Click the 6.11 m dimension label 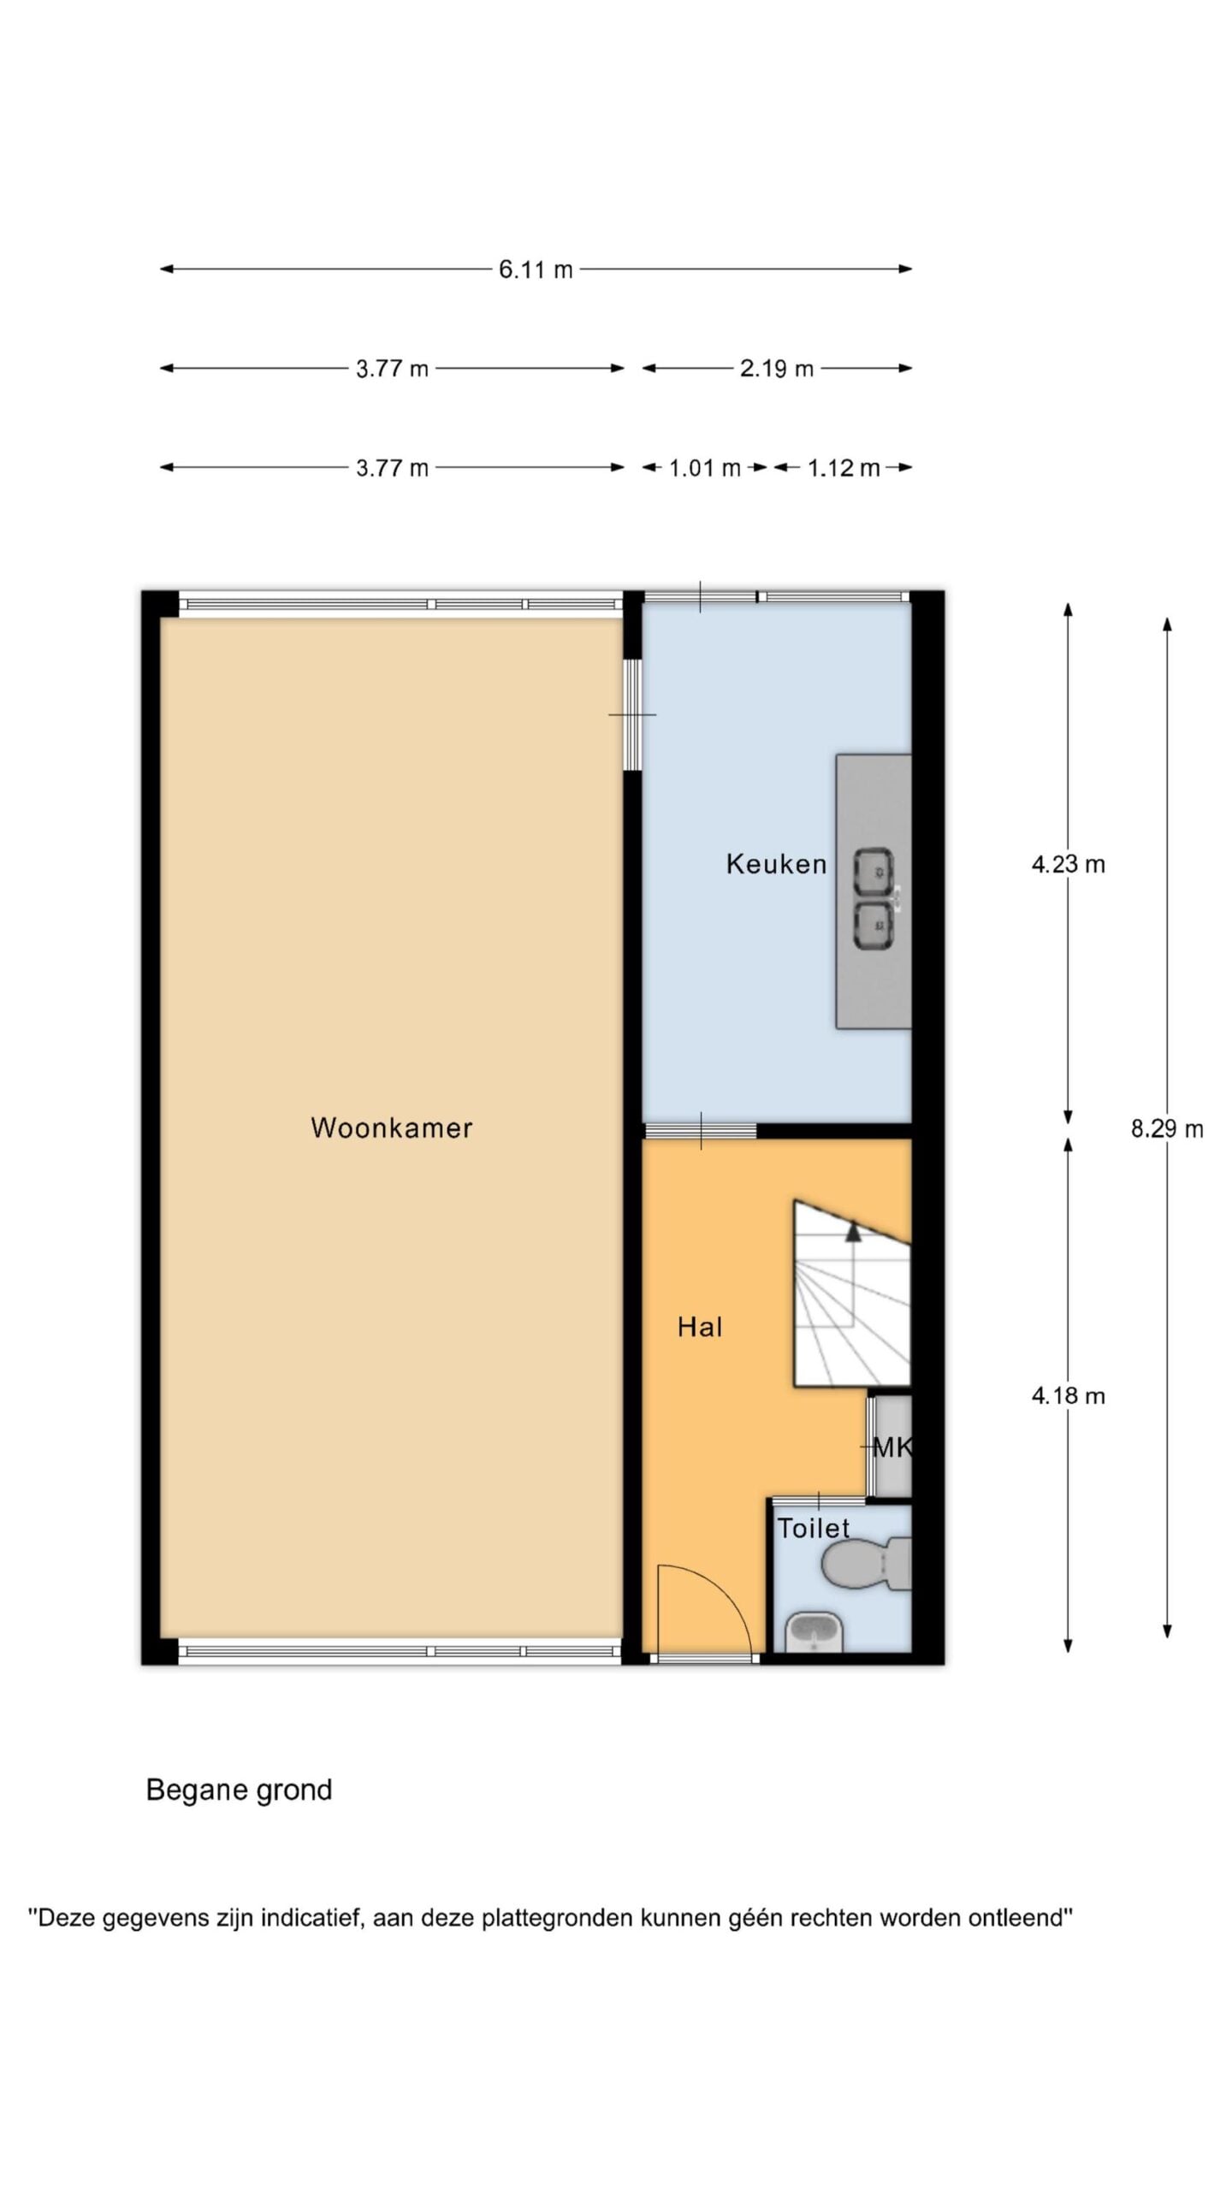click(x=536, y=269)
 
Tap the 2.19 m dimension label click(x=776, y=369)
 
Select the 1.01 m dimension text click(x=704, y=468)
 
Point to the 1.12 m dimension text click(x=844, y=468)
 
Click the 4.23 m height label click(x=1068, y=864)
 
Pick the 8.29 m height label click(x=1167, y=1129)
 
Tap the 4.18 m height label click(x=1068, y=1396)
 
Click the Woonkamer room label click(x=392, y=1128)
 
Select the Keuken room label click(x=776, y=864)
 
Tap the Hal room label click(x=700, y=1327)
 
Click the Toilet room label click(x=813, y=1528)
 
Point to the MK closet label click(x=891, y=1447)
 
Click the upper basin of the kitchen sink click(x=874, y=873)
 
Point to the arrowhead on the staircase click(x=853, y=1231)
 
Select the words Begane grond click(x=239, y=1791)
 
